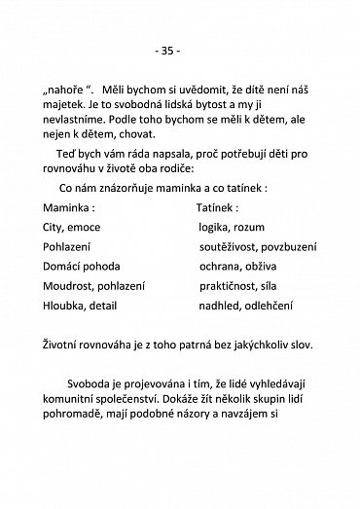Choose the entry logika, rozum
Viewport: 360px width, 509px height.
[228, 255]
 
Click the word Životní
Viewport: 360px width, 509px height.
[64, 374]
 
